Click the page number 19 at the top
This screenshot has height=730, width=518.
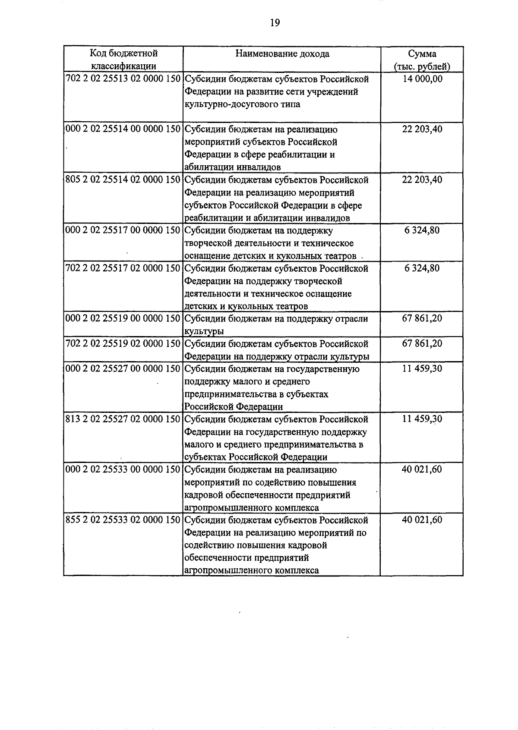click(275, 23)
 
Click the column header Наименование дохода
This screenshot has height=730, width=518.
click(282, 54)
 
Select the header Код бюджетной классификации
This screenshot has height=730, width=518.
click(123, 60)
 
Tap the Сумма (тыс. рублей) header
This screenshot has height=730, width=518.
click(422, 60)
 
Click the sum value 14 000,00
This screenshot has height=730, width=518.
click(422, 79)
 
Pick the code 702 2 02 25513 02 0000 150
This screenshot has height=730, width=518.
click(123, 79)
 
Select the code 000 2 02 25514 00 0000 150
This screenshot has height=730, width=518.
click(123, 129)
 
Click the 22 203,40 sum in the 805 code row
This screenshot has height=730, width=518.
click(422, 180)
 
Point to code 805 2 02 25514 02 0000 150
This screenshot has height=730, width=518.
click(123, 180)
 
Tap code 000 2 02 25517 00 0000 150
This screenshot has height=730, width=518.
click(123, 230)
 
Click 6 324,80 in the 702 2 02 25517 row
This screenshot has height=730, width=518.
click(422, 268)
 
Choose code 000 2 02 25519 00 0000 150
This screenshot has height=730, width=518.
click(123, 319)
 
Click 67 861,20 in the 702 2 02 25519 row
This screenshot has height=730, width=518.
click(422, 344)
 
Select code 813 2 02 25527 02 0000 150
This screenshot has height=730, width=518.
click(123, 419)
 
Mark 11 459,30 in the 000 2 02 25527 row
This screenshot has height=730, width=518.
click(422, 369)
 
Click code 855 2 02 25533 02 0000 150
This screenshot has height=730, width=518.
click(123, 520)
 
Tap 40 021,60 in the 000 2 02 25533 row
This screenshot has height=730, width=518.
click(422, 469)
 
